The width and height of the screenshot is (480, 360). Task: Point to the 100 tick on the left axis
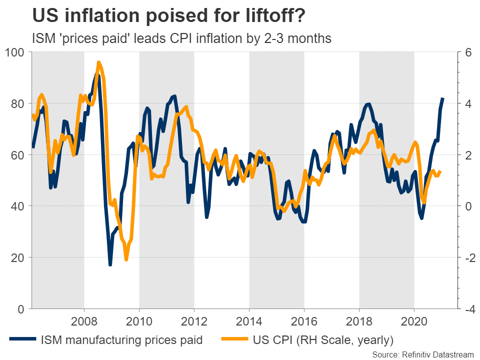[14, 52]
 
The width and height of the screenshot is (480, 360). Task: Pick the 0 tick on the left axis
[21, 309]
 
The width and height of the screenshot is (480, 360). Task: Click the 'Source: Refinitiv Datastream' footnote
[422, 354]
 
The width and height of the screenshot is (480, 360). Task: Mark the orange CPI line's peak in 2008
[98, 62]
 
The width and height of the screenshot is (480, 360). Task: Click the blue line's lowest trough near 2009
[110, 264]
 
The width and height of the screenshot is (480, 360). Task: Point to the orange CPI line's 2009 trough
[126, 259]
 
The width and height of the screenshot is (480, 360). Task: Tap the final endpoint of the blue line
[443, 98]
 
